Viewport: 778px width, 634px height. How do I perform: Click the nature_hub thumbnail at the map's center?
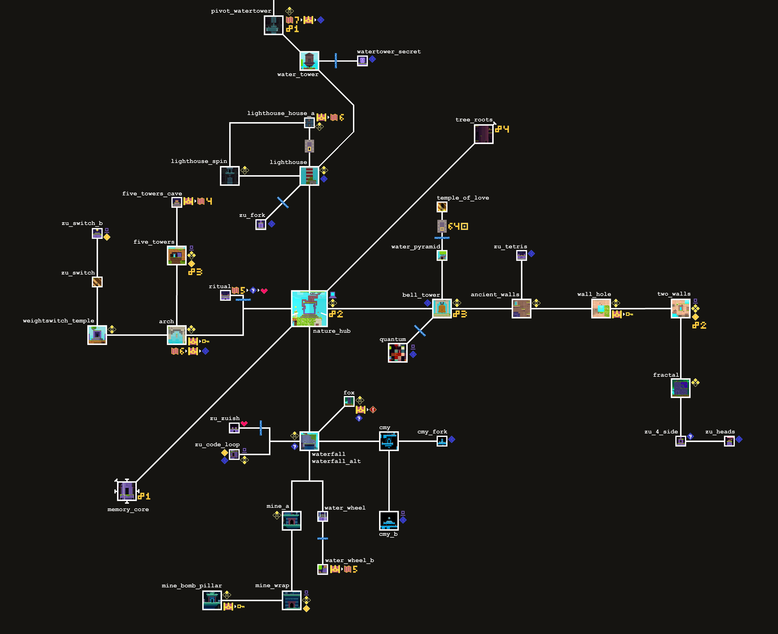[x=309, y=309]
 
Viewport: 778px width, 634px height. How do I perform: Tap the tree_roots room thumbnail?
[x=484, y=134]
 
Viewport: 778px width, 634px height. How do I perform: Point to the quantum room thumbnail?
[x=397, y=353]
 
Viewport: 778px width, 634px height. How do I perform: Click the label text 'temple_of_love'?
[x=463, y=198]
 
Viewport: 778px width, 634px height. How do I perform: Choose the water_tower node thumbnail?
[x=309, y=61]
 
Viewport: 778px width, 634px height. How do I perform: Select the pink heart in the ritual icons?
[x=264, y=291]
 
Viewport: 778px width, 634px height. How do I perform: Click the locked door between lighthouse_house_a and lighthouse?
[x=309, y=146]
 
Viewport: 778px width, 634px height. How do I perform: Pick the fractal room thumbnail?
[x=681, y=388]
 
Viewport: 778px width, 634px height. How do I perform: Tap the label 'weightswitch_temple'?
[x=58, y=321]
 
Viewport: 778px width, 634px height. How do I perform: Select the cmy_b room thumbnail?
[x=389, y=520]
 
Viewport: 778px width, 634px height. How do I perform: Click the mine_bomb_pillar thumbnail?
[x=212, y=600]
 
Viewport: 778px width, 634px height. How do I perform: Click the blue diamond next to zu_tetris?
[x=532, y=253]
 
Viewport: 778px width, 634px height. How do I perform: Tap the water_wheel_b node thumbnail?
[x=322, y=569]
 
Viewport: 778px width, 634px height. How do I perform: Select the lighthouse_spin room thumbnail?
[x=230, y=176]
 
